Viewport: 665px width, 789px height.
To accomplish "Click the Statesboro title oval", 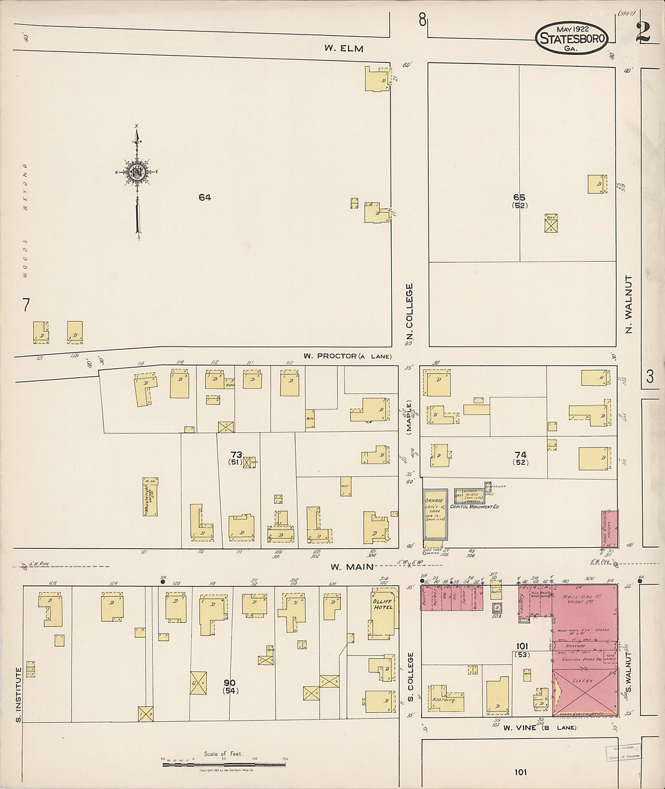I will [x=571, y=38].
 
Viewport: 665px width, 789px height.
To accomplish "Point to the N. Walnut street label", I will [x=629, y=305].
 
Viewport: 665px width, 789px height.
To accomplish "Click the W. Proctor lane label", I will [x=347, y=356].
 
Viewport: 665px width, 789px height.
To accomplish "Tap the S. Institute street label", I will [x=18, y=694].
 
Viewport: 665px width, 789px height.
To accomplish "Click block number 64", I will [x=204, y=197].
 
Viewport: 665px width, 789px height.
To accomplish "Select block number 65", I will [x=519, y=197].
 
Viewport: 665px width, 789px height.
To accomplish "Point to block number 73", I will [x=236, y=454].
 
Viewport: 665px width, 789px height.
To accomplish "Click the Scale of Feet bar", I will [x=224, y=765].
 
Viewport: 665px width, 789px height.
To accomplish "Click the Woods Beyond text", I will [x=25, y=220].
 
